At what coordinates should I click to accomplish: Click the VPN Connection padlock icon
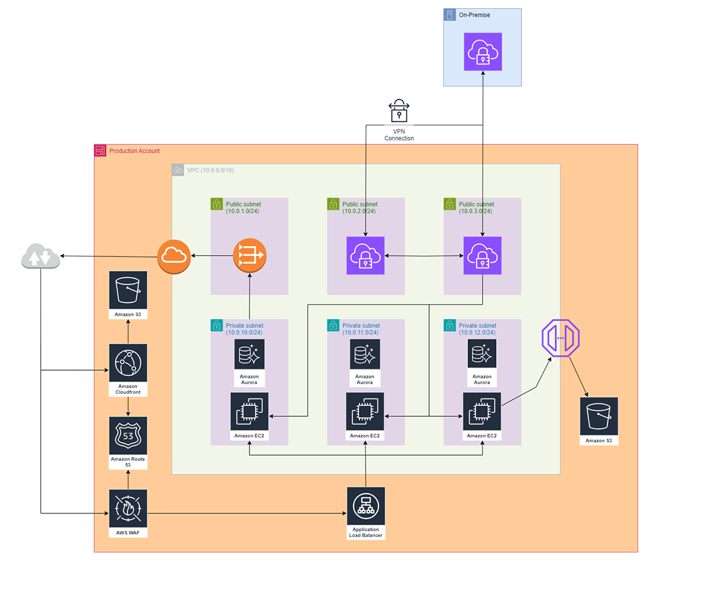click(x=399, y=111)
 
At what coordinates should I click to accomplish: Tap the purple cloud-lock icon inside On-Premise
click(x=483, y=52)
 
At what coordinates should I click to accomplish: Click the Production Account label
click(x=134, y=151)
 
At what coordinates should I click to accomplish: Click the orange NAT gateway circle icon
click(x=249, y=256)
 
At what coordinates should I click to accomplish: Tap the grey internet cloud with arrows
click(x=40, y=258)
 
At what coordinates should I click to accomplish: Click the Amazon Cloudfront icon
click(x=128, y=363)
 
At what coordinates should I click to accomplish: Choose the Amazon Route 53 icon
click(x=128, y=436)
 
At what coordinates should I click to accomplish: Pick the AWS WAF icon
click(x=128, y=508)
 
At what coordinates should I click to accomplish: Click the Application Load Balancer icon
click(x=366, y=506)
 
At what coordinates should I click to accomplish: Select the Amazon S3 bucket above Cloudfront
click(x=128, y=290)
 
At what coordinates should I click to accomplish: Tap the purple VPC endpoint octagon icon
click(x=560, y=339)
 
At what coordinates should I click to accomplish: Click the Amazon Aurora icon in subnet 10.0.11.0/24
click(x=365, y=354)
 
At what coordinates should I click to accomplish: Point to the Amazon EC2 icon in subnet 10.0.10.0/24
click(x=249, y=412)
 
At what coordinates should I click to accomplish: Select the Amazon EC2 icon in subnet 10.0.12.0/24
click(x=482, y=412)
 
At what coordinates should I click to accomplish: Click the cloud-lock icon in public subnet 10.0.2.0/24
click(x=365, y=256)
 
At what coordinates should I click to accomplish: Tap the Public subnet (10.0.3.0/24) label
click(x=476, y=207)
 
